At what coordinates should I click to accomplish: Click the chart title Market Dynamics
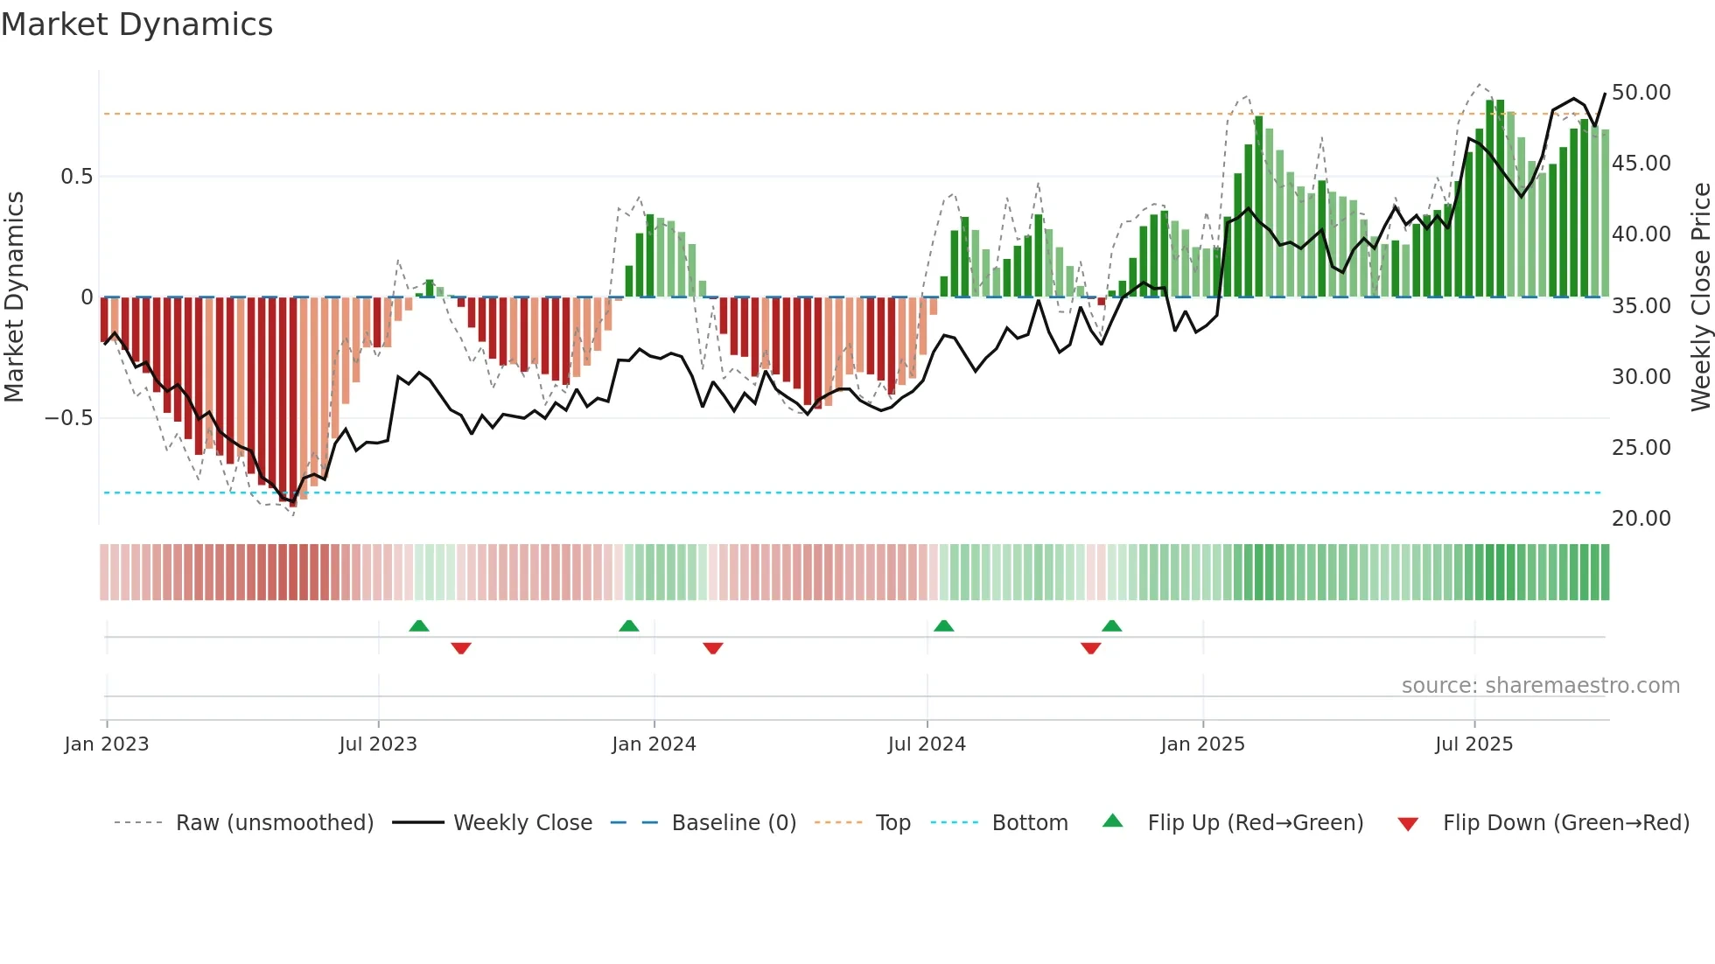pos(137,24)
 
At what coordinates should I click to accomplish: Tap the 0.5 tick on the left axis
pos(76,177)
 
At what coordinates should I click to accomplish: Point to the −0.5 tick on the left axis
pos(69,418)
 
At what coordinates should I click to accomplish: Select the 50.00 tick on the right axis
pos(1641,93)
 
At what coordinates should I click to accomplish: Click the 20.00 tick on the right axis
pos(1641,519)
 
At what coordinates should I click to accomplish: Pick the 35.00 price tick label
pos(1641,306)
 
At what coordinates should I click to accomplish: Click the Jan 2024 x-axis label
pos(654,744)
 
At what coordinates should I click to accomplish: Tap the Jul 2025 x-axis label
pos(1473,744)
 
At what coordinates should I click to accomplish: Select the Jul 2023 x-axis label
pos(378,744)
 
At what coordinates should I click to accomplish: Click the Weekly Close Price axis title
pos(1700,297)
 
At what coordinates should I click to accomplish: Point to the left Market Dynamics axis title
pos(14,297)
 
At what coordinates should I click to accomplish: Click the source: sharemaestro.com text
pos(1540,686)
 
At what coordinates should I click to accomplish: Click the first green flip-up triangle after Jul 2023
pos(419,626)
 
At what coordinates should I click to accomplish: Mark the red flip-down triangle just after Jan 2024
pos(713,648)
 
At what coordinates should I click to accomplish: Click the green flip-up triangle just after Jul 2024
pos(943,626)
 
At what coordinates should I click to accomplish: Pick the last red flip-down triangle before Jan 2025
pos(1090,648)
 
